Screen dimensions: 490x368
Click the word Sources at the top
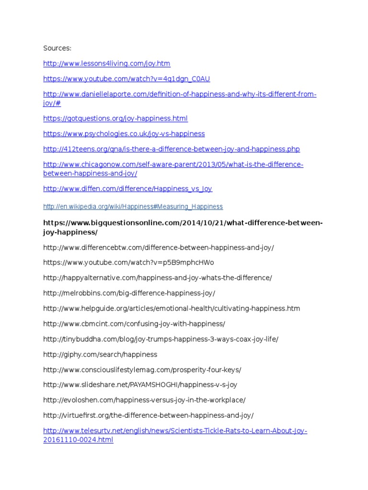pos(57,48)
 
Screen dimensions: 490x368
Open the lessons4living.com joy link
pos(106,63)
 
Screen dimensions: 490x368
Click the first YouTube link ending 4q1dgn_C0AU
pos(126,78)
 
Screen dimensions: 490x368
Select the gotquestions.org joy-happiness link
pos(115,118)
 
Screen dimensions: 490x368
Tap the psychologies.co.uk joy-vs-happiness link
pos(124,134)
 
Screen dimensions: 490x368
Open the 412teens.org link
pos(171,149)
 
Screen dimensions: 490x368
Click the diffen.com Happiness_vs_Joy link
pos(127,189)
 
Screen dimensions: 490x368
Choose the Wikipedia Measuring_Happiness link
pos(133,207)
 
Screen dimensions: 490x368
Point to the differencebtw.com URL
pos(158,247)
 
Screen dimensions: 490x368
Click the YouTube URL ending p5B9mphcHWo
pos(128,263)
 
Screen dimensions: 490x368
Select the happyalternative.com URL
pos(157,278)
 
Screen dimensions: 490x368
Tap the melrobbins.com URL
pos(129,293)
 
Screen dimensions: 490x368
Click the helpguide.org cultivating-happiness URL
pos(172,309)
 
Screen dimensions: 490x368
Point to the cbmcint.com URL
pos(134,324)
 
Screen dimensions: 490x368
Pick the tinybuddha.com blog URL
pos(161,339)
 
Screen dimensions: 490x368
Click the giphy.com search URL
pos(100,355)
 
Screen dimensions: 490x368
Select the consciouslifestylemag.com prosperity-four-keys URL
pos(142,370)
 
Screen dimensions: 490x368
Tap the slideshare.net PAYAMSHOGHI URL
pos(140,384)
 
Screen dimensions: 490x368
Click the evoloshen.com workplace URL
pos(144,400)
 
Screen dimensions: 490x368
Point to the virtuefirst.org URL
pos(148,415)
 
